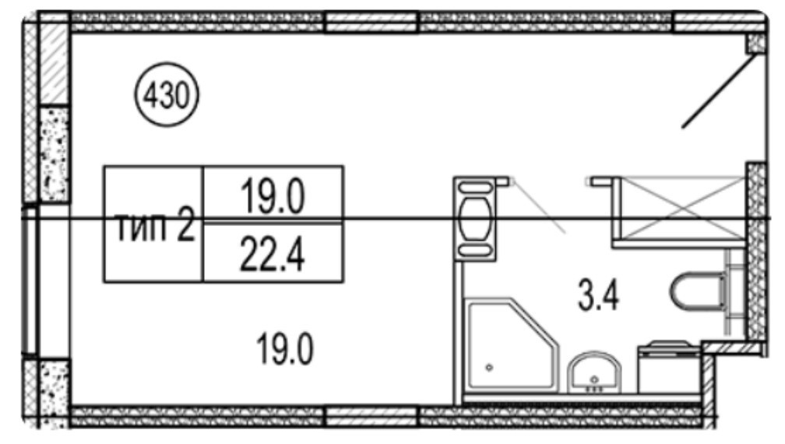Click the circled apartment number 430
click(166, 94)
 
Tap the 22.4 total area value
click(273, 254)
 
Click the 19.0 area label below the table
click(285, 350)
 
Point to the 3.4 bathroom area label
click(598, 295)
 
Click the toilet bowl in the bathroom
click(698, 291)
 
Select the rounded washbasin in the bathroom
click(594, 373)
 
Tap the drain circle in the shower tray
click(489, 368)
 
